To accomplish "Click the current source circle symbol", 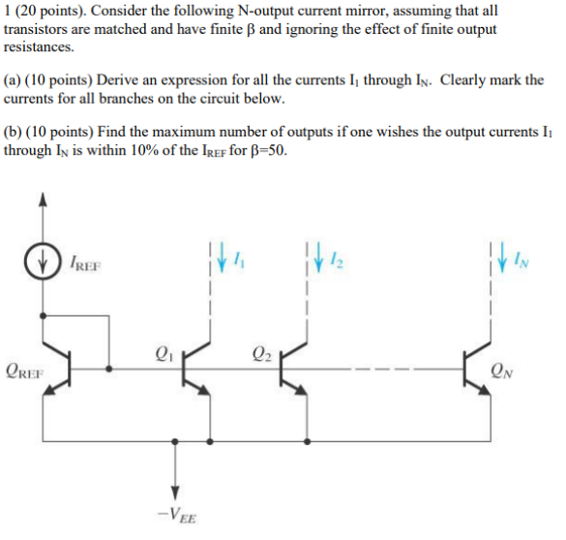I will (41, 262).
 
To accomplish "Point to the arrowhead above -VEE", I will (174, 490).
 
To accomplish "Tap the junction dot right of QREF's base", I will (108, 368).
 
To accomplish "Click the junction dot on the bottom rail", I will (174, 439).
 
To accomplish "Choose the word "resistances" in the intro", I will (38, 46).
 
